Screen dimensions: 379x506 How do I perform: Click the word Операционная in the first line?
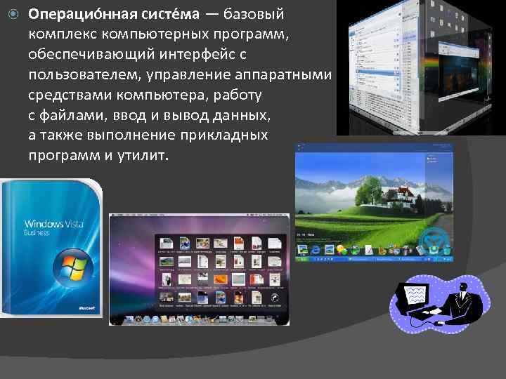click(70, 15)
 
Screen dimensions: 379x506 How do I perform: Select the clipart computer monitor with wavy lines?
click(415, 295)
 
